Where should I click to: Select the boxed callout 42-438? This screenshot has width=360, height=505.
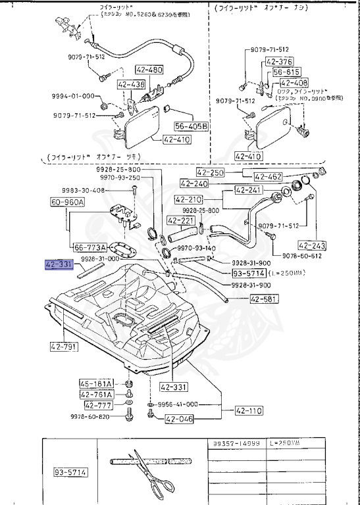click(x=132, y=85)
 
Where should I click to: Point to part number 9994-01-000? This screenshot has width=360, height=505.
click(x=73, y=96)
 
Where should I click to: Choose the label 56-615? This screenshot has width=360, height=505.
click(x=286, y=72)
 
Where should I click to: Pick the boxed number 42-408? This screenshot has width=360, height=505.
click(x=294, y=83)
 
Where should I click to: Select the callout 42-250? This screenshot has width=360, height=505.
click(x=211, y=172)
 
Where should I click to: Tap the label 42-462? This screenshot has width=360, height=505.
click(x=268, y=176)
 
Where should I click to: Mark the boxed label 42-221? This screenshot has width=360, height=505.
click(x=180, y=221)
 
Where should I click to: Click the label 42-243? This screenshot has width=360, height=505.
click(x=311, y=243)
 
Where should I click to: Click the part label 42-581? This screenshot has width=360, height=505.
click(x=264, y=299)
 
